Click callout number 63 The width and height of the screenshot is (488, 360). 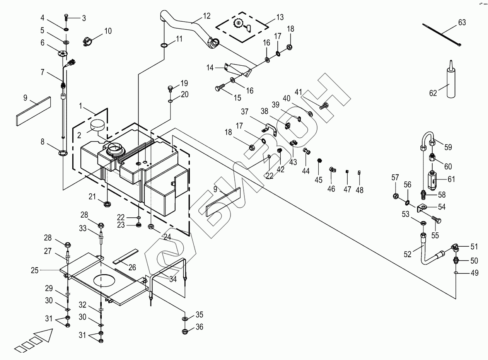tap(462, 23)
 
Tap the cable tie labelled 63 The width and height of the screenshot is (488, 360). tap(441, 34)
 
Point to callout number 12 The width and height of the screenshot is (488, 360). tap(206, 16)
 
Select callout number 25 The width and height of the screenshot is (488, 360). tap(35, 270)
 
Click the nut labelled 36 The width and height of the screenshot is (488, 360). tap(185, 331)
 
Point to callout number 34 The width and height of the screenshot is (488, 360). tap(173, 279)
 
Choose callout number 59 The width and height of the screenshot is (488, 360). tap(448, 147)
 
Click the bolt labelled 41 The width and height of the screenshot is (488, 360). tap(324, 104)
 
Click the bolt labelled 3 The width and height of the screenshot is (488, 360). tap(66, 17)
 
